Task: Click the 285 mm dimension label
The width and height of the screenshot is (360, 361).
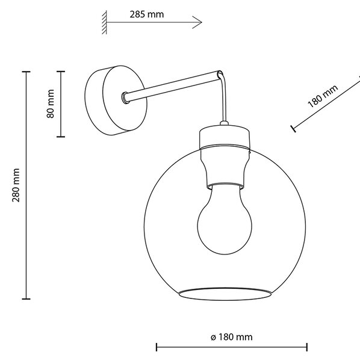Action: coord(147,14)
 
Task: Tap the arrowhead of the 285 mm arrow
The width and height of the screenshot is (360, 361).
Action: coord(201,22)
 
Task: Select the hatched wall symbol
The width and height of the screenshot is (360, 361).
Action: coord(104,22)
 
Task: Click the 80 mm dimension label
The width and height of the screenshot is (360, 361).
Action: coord(51,103)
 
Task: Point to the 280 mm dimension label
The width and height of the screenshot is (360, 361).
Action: coord(16,185)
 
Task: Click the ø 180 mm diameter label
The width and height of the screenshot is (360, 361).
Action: coord(232,337)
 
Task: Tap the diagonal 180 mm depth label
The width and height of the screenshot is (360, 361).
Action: coord(323,96)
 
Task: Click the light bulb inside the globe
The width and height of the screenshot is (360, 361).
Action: coord(225,219)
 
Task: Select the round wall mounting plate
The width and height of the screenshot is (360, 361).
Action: coord(116,100)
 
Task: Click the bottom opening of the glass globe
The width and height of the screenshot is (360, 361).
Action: coord(225,294)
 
